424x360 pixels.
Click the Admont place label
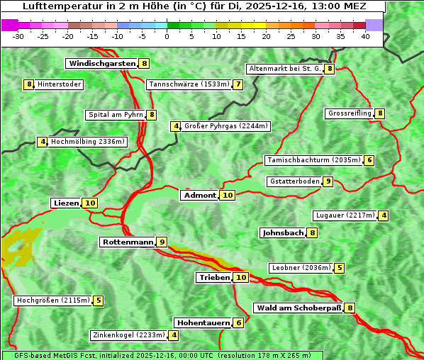click(199, 196)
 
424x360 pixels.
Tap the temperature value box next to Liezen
click(89, 203)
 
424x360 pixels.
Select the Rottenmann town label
click(128, 242)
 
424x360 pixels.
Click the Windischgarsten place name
click(101, 64)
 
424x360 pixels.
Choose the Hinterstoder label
click(60, 85)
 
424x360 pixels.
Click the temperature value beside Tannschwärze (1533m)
click(238, 85)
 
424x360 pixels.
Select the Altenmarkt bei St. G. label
click(284, 69)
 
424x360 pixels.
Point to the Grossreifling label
click(350, 113)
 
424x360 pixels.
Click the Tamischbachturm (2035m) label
click(313, 160)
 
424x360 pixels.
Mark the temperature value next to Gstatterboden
click(327, 181)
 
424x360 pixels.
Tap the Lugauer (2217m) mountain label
click(345, 215)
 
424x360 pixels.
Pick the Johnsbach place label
click(283, 232)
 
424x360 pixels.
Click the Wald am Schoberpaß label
click(299, 308)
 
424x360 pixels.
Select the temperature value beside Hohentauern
click(238, 323)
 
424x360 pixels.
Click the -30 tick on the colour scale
click(19, 36)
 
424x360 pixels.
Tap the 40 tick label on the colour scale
click(365, 36)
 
